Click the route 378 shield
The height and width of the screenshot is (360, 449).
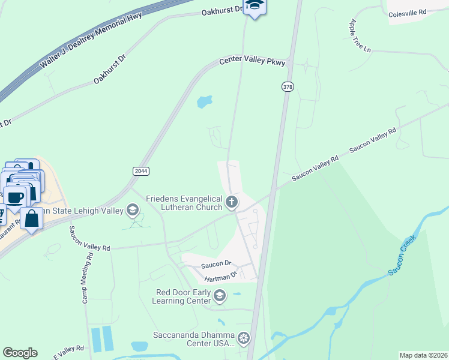(288, 87)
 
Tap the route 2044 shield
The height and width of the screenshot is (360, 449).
(140, 171)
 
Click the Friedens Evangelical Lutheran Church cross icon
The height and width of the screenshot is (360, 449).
(232, 202)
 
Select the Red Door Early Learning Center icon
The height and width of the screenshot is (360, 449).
(220, 295)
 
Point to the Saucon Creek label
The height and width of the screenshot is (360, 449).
(402, 256)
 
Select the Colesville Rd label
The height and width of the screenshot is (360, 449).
(407, 13)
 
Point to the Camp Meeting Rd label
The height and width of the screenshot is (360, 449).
(88, 276)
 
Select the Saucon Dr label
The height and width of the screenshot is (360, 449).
(216, 263)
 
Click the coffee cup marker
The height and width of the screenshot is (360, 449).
(16, 197)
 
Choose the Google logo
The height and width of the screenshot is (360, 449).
(20, 353)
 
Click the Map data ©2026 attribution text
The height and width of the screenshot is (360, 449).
(423, 355)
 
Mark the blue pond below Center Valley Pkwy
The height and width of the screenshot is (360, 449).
(205, 102)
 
